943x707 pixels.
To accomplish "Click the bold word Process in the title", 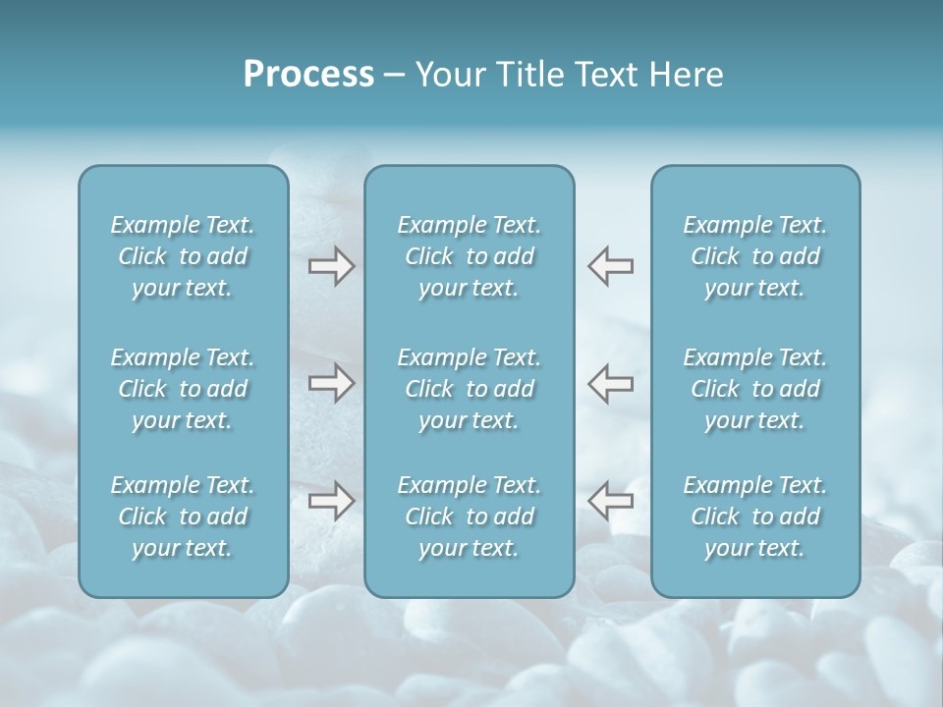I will pyautogui.click(x=308, y=75).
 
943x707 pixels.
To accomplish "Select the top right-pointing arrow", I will pyautogui.click(x=331, y=266).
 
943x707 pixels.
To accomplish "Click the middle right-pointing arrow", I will pyautogui.click(x=331, y=383).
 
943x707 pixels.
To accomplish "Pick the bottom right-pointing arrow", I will pyautogui.click(x=331, y=501).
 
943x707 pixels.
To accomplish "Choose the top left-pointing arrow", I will pyautogui.click(x=610, y=266).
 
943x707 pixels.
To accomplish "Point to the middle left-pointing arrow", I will pyautogui.click(x=610, y=383).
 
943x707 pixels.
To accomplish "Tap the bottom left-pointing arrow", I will pyautogui.click(x=610, y=501).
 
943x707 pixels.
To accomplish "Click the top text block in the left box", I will pyautogui.click(x=183, y=256).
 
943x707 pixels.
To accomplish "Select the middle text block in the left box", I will pyautogui.click(x=183, y=389).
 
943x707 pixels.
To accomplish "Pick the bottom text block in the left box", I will pyautogui.click(x=183, y=517).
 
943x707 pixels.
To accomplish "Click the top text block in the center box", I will pyautogui.click(x=469, y=256).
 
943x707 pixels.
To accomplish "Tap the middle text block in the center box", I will pyautogui.click(x=469, y=389).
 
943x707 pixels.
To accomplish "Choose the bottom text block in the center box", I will pyautogui.click(x=469, y=517).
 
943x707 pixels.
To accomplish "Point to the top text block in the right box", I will pyautogui.click(x=754, y=256).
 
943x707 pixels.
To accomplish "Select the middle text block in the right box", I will pyautogui.click(x=754, y=389).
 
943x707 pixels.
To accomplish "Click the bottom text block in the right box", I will pyautogui.click(x=754, y=517).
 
